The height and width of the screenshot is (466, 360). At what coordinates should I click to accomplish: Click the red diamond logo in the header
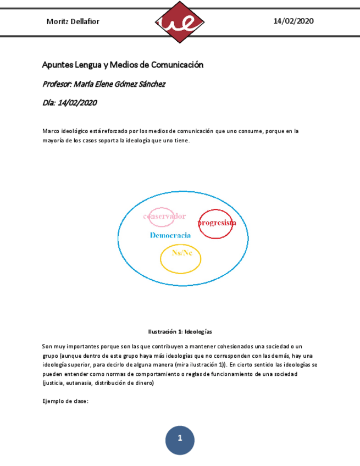[180, 22]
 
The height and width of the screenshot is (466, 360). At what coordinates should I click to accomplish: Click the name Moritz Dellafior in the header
[73, 21]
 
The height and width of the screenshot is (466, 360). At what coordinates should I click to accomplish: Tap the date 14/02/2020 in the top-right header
[293, 21]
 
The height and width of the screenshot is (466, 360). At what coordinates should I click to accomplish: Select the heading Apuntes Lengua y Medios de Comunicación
[123, 65]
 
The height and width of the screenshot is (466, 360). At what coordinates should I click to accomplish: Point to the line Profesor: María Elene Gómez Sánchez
[103, 84]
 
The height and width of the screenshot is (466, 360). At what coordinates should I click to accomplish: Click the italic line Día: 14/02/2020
[69, 102]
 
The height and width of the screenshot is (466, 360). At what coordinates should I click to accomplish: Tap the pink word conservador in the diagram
[164, 216]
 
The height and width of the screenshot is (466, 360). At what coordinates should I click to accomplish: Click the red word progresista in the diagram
[217, 223]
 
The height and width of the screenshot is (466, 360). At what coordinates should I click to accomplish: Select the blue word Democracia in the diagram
[170, 235]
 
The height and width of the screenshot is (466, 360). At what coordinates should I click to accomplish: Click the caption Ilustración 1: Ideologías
[180, 332]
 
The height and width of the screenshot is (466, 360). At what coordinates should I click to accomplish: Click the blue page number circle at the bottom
[180, 439]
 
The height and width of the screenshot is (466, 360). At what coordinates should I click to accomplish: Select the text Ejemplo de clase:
[65, 401]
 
